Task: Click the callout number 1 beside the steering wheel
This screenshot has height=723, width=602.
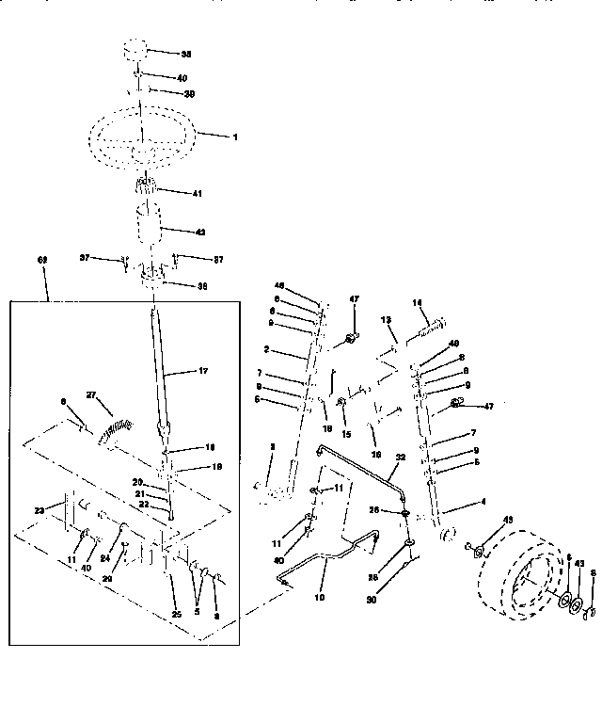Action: pyautogui.click(x=235, y=137)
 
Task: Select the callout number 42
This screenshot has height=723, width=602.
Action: pyautogui.click(x=199, y=231)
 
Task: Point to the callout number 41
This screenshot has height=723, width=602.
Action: pyautogui.click(x=197, y=193)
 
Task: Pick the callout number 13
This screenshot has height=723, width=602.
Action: pyautogui.click(x=385, y=321)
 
